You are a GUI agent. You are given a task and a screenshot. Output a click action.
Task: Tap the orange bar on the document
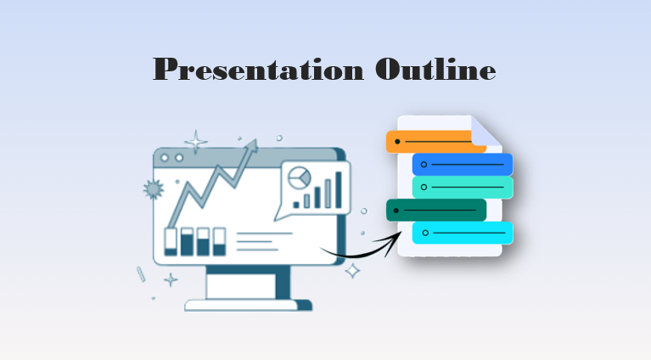pyautogui.click(x=434, y=141)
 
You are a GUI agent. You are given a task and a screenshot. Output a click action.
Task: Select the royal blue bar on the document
pyautogui.click(x=463, y=164)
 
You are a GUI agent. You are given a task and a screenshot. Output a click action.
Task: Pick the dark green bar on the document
pyautogui.click(x=435, y=210)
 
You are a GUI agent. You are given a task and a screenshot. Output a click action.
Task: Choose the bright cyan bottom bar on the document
pyautogui.click(x=463, y=233)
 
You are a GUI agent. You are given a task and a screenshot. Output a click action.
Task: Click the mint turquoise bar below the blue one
pyautogui.click(x=463, y=187)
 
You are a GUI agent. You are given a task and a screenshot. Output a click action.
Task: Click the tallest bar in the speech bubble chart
pyautogui.click(x=338, y=189)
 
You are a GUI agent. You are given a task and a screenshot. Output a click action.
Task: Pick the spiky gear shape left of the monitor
pyautogui.click(x=153, y=188)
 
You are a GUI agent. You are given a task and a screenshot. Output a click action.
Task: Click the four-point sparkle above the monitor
pyautogui.click(x=196, y=141)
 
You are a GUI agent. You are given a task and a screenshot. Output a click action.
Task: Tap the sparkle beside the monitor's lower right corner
pyautogui.click(x=352, y=271)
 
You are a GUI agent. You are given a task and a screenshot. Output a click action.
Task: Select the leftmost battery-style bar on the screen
pyautogui.click(x=171, y=241)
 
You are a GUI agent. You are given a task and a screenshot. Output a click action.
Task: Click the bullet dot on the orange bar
pyautogui.click(x=397, y=141)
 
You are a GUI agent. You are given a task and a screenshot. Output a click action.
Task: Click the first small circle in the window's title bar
pyautogui.click(x=166, y=159)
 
